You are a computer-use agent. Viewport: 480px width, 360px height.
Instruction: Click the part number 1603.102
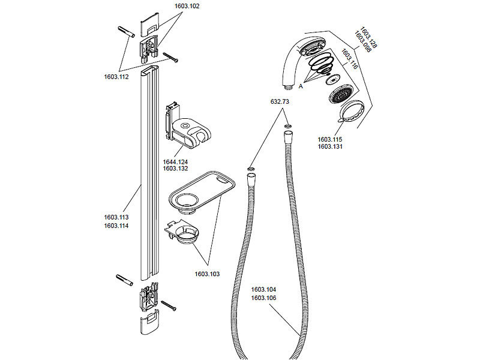point(187,6)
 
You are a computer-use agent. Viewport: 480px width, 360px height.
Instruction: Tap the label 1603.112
point(116,76)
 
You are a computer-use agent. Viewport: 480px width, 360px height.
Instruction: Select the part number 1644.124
point(175,161)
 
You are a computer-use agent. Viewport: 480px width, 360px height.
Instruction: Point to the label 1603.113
point(116,217)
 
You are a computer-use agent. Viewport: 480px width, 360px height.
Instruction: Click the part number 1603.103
point(207,274)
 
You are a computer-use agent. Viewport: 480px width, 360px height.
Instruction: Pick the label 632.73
point(280,102)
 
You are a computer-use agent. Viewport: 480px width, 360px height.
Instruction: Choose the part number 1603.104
point(263,289)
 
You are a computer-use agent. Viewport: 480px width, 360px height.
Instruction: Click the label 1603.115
point(330,139)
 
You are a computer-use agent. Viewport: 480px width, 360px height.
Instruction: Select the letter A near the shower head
point(301,86)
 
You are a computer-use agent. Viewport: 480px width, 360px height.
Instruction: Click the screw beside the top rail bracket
point(170,58)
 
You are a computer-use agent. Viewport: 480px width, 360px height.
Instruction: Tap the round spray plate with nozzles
point(340,95)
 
